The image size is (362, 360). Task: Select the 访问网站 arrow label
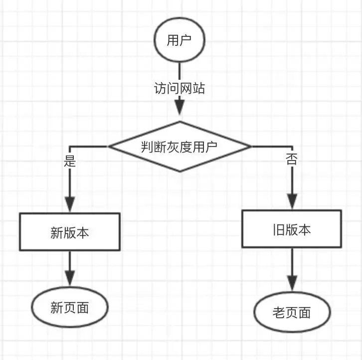[180, 88]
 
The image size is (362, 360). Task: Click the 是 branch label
[70, 161]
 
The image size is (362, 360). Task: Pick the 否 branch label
[291, 159]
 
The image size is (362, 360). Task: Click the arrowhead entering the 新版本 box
[70, 204]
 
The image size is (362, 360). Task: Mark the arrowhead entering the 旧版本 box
[292, 201]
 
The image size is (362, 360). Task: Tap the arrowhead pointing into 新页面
[70, 278]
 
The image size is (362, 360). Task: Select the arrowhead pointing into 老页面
[292, 283]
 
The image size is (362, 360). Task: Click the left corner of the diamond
[109, 147]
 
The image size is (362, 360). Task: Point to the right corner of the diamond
[251, 147]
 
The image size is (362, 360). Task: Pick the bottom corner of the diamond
[180, 172]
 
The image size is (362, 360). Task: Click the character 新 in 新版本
[56, 232]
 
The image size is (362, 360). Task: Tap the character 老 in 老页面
[279, 313]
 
